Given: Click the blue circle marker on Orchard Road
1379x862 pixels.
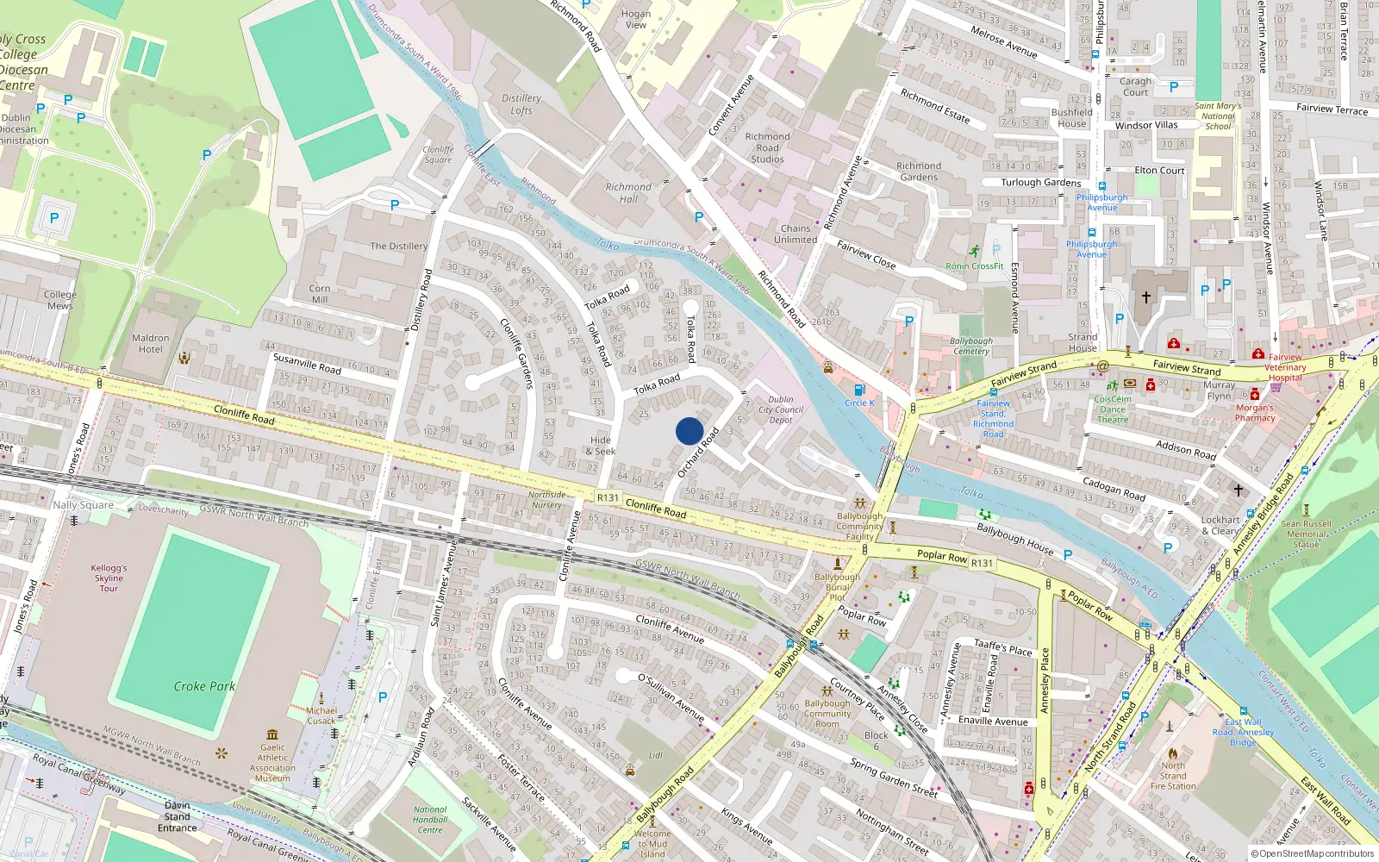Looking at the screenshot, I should click(689, 431).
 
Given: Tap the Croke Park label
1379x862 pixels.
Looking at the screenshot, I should click(204, 686).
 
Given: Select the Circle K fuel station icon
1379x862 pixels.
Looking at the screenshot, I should click(858, 390).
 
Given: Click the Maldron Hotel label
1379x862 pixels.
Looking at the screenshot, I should click(151, 344).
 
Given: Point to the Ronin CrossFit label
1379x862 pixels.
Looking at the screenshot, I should click(974, 266).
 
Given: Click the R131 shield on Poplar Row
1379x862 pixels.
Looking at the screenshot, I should click(982, 563).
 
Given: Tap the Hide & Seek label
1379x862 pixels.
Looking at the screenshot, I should click(601, 446).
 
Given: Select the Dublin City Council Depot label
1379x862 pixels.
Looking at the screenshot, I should click(781, 409).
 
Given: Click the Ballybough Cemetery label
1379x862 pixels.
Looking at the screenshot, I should click(971, 346).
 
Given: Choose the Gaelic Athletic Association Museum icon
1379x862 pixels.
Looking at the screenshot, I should click(272, 734).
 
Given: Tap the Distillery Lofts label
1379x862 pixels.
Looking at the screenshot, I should click(521, 104).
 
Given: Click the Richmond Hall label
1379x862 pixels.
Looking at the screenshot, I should click(628, 192).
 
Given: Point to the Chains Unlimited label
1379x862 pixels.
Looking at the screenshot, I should click(796, 234).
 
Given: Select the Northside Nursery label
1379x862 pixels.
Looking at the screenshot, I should click(546, 500).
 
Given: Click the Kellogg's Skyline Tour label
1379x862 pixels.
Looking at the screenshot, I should click(109, 578).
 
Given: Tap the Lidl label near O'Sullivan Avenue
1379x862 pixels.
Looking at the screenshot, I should click(655, 755).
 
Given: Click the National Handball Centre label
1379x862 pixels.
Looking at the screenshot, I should click(430, 820).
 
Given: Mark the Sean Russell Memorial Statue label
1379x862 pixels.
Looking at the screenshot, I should click(1306, 534).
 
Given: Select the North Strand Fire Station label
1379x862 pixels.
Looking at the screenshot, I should click(1173, 776).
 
